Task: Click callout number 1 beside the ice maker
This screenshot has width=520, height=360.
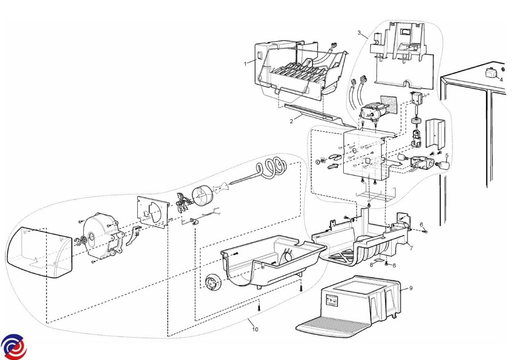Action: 246,64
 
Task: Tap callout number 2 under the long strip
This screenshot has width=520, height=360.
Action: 292,121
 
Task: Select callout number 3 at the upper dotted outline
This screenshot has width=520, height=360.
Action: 359,33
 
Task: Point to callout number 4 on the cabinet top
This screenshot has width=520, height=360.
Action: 501,80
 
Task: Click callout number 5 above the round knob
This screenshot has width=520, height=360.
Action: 447,155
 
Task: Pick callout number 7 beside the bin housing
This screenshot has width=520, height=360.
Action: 411,248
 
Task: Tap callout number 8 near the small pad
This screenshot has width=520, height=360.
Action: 372,265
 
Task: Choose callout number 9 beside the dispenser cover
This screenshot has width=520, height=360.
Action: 411,288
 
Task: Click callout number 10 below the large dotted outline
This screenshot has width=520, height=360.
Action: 255,329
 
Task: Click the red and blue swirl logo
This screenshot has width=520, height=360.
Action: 13,347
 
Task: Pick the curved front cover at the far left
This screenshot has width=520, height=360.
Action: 39,252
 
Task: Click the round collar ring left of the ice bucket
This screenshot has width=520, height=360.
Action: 213,282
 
